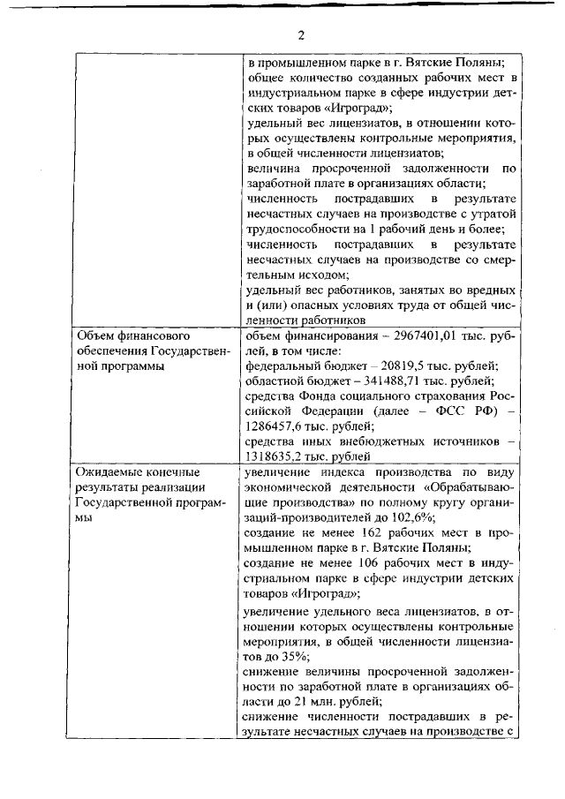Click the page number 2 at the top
(300, 34)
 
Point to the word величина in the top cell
(274, 168)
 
